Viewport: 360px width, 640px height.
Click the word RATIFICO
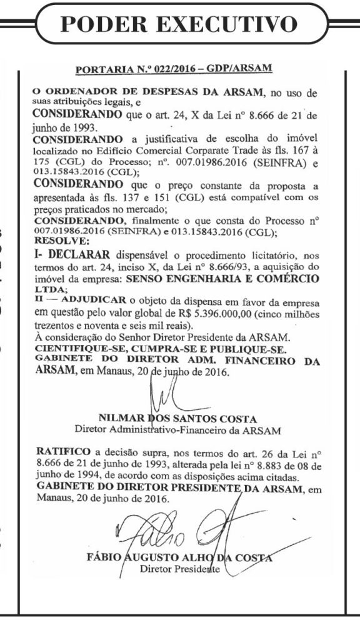pos(59,450)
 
